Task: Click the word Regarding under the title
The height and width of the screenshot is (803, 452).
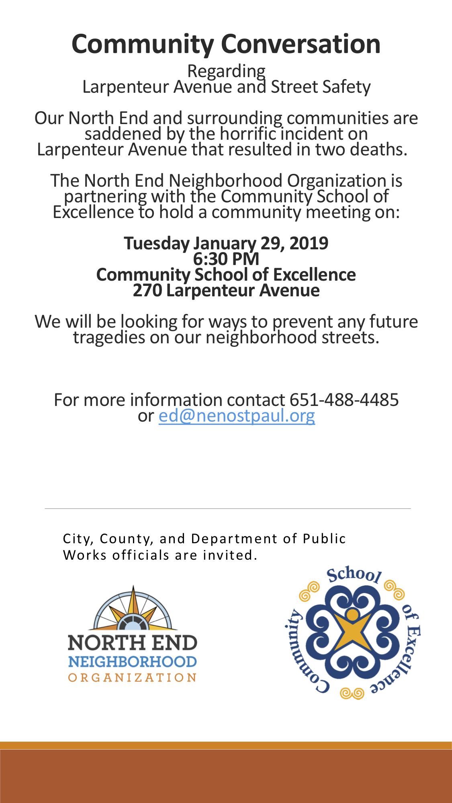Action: point(226,71)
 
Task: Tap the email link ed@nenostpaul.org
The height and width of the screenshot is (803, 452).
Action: point(237,416)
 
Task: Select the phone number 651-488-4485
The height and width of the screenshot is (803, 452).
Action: point(344,400)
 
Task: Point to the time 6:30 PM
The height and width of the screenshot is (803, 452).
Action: point(226,259)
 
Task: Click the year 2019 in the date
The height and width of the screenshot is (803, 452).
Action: point(309,243)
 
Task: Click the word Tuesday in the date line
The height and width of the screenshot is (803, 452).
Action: point(157,244)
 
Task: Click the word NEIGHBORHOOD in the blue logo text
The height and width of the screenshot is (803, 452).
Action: point(132,662)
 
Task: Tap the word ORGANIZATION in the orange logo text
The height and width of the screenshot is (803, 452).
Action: point(132,678)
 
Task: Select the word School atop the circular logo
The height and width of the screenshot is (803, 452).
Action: point(354,575)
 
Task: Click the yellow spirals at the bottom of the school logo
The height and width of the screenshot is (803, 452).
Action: point(352,693)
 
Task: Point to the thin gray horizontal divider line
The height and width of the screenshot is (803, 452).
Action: point(227,508)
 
